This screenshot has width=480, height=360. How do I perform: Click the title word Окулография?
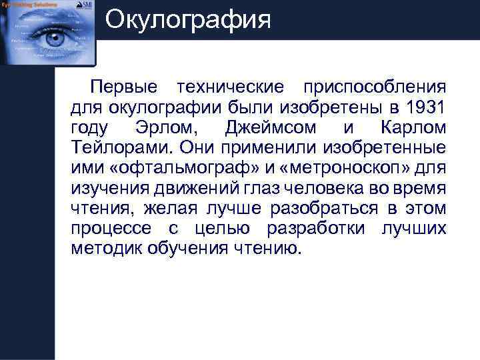point(188,19)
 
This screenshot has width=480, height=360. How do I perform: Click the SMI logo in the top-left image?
point(86,5)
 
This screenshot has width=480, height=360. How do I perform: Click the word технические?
point(229,88)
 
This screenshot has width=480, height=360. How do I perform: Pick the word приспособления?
point(374,88)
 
